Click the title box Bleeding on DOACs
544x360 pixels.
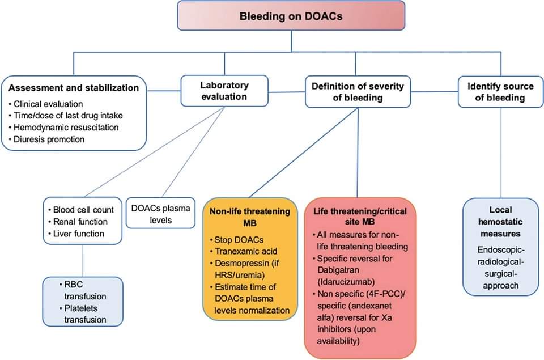click(x=291, y=16)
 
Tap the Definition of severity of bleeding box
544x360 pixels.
click(x=358, y=91)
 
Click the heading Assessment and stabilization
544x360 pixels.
click(x=74, y=88)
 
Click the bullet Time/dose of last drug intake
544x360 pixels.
click(x=66, y=116)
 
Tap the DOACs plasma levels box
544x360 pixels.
click(x=160, y=213)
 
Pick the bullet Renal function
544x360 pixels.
click(x=80, y=221)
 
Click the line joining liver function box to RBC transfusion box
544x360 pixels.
click(x=83, y=260)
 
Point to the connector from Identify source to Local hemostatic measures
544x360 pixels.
click(x=501, y=153)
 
